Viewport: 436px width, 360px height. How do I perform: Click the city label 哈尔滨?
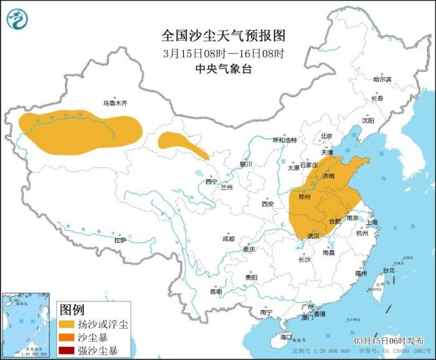[x=382, y=80]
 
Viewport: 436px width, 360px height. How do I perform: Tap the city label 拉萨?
[x=120, y=240]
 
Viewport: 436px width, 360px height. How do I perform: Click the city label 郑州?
[x=305, y=196]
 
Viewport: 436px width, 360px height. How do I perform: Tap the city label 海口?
[x=286, y=337]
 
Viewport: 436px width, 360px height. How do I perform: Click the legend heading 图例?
[x=71, y=310]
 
